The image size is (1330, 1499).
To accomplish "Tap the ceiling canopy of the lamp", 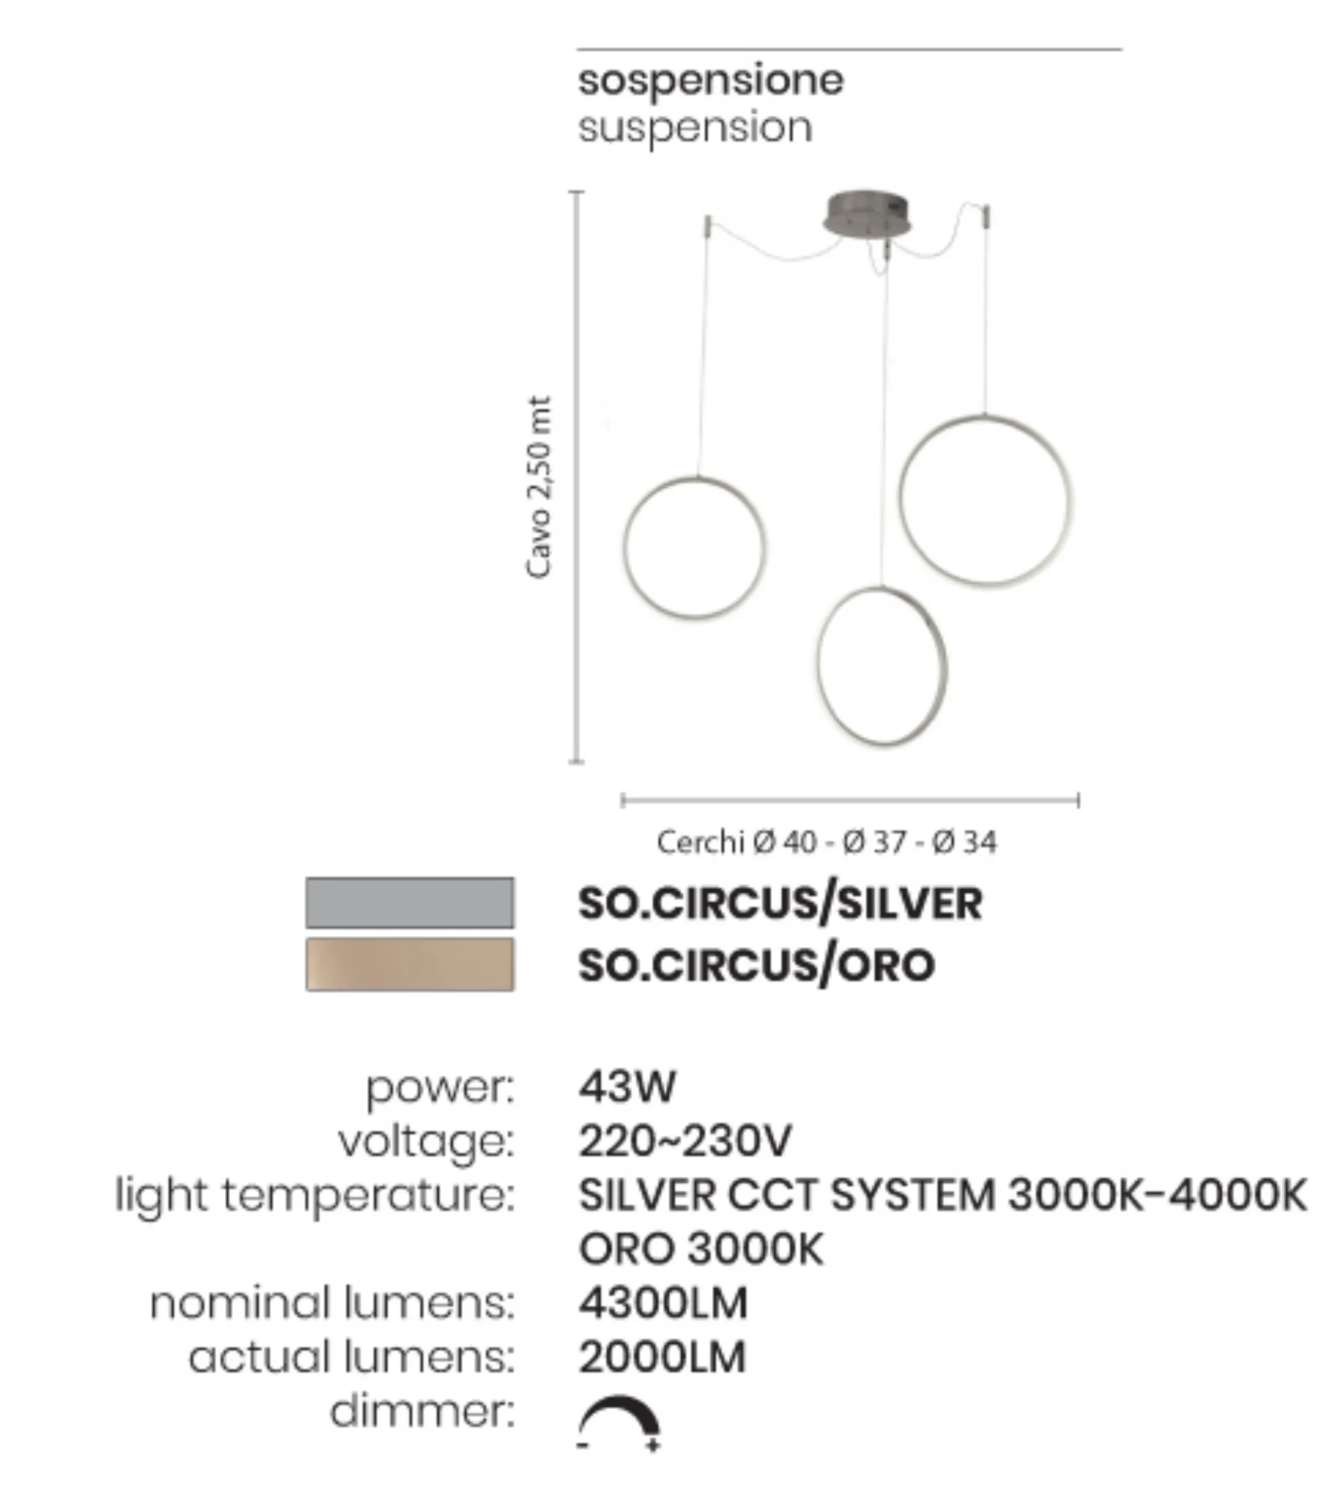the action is pyautogui.click(x=867, y=215).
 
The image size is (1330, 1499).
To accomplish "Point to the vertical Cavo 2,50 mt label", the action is pyautogui.click(x=539, y=487).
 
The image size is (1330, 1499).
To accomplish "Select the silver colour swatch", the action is pyautogui.click(x=410, y=903).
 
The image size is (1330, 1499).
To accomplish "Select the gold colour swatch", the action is pyautogui.click(x=410, y=964).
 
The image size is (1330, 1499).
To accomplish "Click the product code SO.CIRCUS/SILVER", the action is pyautogui.click(x=780, y=903).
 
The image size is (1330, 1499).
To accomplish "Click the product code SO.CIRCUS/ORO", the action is pyautogui.click(x=756, y=964).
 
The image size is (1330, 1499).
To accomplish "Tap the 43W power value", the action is pyautogui.click(x=626, y=1086).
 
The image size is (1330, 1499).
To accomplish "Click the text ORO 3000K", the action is pyautogui.click(x=701, y=1249).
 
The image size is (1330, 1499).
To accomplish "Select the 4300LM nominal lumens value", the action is pyautogui.click(x=663, y=1303).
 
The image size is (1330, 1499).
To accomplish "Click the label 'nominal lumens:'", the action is pyautogui.click(x=332, y=1303).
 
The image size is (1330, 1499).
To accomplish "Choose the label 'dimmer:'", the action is pyautogui.click(x=423, y=1412).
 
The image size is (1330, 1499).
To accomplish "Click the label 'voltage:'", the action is pyautogui.click(x=426, y=1142).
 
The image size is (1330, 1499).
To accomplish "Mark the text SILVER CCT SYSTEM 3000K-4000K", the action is pyautogui.click(x=943, y=1195).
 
